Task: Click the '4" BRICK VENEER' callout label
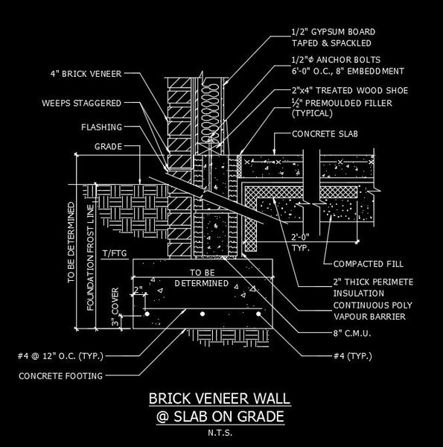click(x=86, y=74)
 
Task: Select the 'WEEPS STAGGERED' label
click(x=82, y=104)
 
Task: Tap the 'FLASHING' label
click(x=102, y=127)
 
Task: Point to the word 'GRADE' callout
click(x=108, y=147)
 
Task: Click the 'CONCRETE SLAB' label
click(x=325, y=134)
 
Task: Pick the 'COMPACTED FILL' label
click(x=369, y=264)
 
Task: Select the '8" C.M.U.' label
click(x=352, y=333)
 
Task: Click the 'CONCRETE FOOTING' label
click(x=61, y=376)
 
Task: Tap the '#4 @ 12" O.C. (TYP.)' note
click(x=60, y=356)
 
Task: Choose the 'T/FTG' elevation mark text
click(x=115, y=253)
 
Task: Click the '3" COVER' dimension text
click(x=115, y=307)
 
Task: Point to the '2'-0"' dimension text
click(x=300, y=237)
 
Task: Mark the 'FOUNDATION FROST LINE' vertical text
click(x=90, y=258)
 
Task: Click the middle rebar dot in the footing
click(x=203, y=314)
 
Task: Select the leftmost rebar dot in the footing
click(x=147, y=314)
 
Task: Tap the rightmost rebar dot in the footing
click(x=258, y=314)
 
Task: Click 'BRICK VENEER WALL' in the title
click(x=220, y=399)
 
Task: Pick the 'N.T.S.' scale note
click(x=220, y=433)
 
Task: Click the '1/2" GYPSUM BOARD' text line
click(x=334, y=32)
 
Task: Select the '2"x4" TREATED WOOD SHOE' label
click(x=350, y=91)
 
